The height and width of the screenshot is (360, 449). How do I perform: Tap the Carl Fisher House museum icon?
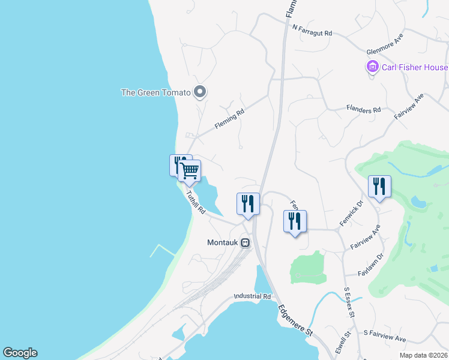click(372, 67)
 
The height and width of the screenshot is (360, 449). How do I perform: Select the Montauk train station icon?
click(246, 243)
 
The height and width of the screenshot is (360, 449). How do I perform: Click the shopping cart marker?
click(190, 170)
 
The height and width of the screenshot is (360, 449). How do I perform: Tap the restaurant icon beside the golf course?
click(379, 187)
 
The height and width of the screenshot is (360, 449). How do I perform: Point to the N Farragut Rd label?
click(312, 31)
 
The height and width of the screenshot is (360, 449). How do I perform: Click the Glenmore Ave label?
click(387, 45)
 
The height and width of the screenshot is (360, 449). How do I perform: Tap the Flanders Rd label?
click(364, 110)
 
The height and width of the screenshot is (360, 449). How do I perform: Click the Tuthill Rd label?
click(196, 203)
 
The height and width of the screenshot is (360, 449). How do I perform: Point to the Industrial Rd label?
click(253, 296)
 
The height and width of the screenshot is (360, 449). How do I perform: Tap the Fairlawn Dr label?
click(370, 265)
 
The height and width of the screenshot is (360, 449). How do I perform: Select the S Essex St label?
click(351, 302)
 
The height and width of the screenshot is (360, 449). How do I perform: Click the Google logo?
click(20, 353)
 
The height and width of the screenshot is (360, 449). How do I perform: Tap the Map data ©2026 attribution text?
click(424, 355)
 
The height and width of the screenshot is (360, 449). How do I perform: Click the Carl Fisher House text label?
click(415, 67)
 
